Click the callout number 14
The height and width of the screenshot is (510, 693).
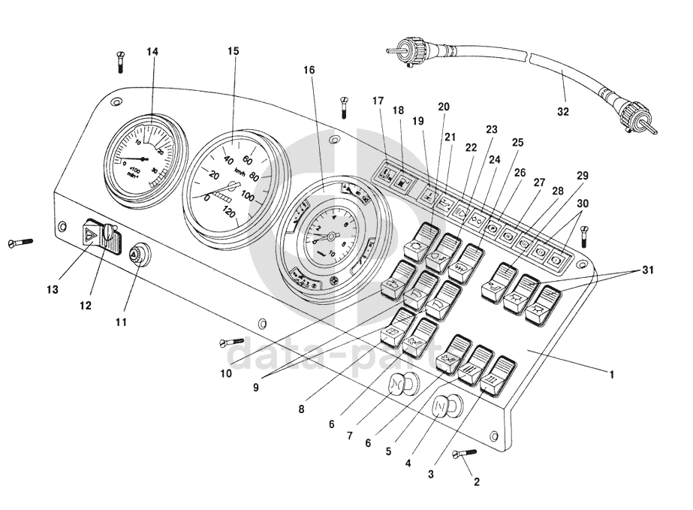tap(152, 52)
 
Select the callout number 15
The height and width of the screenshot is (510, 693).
tap(234, 52)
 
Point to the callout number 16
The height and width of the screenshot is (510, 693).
tap(309, 70)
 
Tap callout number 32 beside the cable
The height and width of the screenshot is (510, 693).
tap(563, 112)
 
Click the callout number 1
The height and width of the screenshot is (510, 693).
tap(612, 373)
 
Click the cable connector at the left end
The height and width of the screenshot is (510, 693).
tap(406, 51)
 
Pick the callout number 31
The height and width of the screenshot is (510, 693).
tap(647, 270)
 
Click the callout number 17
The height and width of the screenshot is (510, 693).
tap(378, 100)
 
